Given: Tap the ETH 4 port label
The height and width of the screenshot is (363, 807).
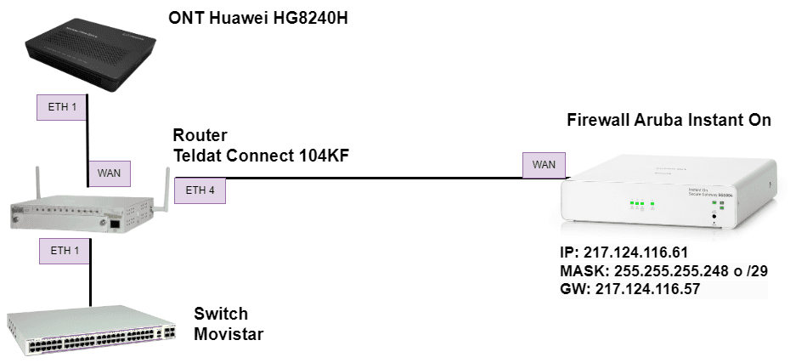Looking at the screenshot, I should point(200,190).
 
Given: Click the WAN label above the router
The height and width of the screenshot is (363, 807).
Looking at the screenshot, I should point(109,173).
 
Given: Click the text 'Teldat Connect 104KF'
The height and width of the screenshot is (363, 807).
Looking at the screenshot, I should point(261,155).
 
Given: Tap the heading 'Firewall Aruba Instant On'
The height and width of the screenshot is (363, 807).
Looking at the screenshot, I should point(669,120).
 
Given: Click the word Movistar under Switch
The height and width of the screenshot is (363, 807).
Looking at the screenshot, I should point(229,334).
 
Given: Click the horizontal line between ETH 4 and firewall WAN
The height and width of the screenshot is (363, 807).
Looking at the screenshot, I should point(374,179).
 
